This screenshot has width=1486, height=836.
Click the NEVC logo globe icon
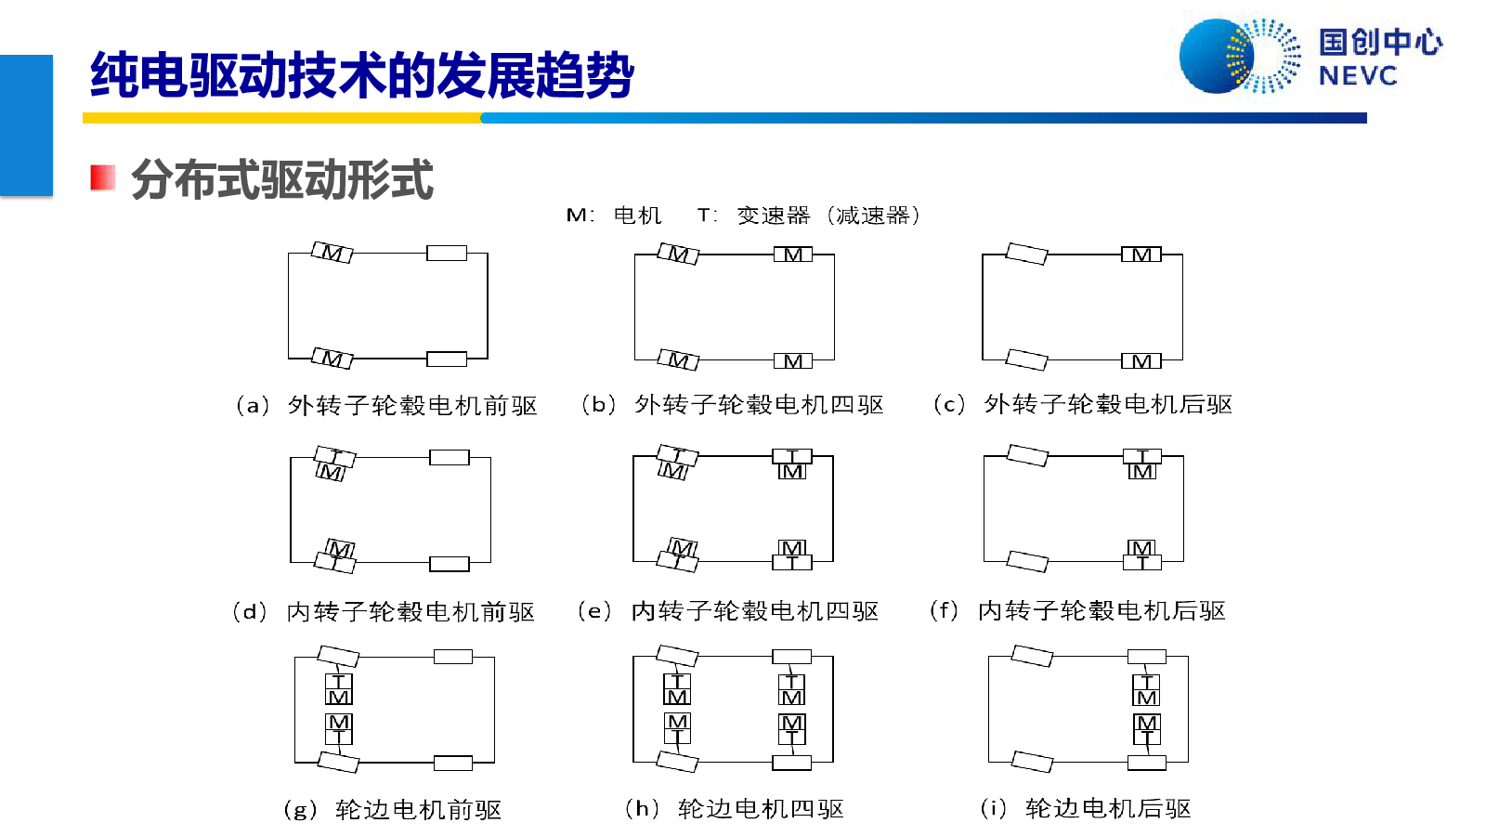click(1239, 57)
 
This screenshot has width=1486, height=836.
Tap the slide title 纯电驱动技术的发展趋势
click(362, 75)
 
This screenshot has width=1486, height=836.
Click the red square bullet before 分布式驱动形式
click(103, 177)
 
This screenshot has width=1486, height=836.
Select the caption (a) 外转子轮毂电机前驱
click(386, 405)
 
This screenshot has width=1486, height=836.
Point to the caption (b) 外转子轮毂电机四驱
click(733, 405)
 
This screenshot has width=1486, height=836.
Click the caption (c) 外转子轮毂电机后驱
click(1083, 404)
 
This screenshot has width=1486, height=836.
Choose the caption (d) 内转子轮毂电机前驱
click(384, 611)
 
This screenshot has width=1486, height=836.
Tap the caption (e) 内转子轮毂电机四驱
click(728, 610)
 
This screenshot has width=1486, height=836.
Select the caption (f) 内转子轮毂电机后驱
click(1078, 610)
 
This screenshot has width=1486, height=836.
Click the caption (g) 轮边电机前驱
click(392, 810)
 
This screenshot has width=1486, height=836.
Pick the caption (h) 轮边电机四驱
click(735, 809)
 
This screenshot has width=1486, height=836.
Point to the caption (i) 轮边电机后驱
click(1086, 809)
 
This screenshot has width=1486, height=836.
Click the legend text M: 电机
click(614, 216)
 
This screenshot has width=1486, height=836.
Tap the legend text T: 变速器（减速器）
click(809, 216)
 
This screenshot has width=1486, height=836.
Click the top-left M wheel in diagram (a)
click(332, 253)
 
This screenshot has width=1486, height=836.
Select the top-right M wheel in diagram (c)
click(1141, 255)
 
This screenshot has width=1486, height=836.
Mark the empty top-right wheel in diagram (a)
click(447, 253)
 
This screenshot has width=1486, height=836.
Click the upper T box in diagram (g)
click(338, 682)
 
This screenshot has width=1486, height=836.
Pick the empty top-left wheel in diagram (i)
click(1032, 656)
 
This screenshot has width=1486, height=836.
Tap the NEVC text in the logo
click(1357, 76)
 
